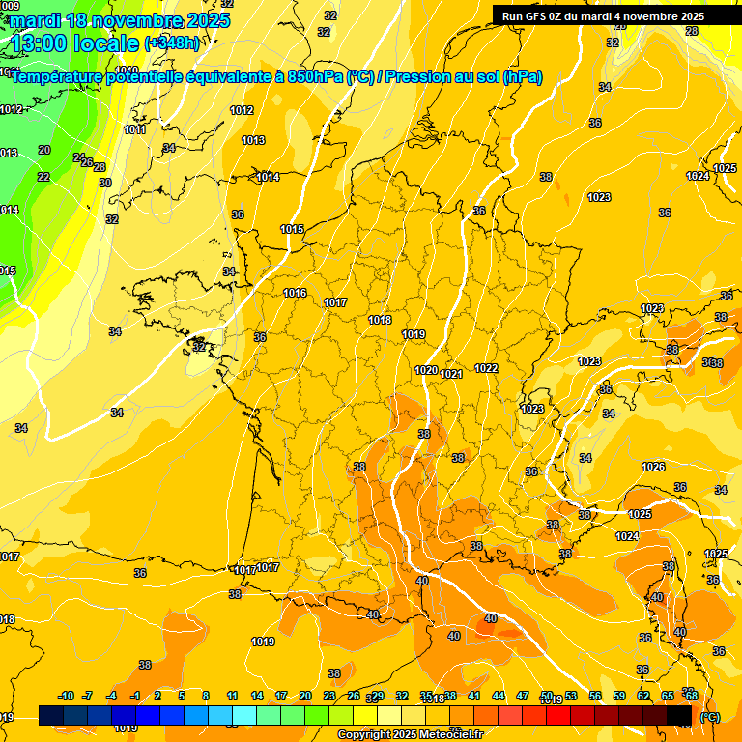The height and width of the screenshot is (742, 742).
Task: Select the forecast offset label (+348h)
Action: click(171, 43)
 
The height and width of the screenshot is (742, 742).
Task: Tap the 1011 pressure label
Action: click(135, 129)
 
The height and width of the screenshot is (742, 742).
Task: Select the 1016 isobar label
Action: click(295, 293)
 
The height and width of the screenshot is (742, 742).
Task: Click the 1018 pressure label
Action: click(380, 320)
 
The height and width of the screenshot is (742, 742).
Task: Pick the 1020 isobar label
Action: click(426, 370)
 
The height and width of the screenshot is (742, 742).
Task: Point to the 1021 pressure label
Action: click(451, 374)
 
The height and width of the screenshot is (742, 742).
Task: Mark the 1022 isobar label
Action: click(486, 368)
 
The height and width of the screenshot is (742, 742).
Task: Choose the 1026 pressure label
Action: click(653, 467)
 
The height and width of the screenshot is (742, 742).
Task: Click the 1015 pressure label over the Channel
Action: click(292, 229)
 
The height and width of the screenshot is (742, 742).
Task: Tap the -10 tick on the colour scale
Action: click(66, 696)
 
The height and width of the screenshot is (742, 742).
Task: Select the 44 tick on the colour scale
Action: click(499, 696)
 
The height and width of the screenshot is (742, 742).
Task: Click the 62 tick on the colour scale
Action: click(643, 696)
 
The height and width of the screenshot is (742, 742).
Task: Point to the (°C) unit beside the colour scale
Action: click(709, 716)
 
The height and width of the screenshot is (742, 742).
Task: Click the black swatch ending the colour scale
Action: click(679, 715)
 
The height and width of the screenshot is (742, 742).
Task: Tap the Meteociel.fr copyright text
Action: click(410, 734)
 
